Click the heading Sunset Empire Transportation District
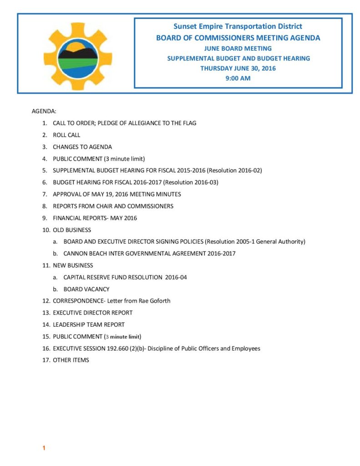238,27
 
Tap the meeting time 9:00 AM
238,78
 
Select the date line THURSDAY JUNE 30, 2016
238,68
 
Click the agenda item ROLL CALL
66,135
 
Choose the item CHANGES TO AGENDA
82,147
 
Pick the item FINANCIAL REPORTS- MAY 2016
95,218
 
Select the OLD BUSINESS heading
72,230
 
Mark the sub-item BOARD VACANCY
86,289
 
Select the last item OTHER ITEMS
71,360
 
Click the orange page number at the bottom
44,448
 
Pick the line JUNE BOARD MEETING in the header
238,48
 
